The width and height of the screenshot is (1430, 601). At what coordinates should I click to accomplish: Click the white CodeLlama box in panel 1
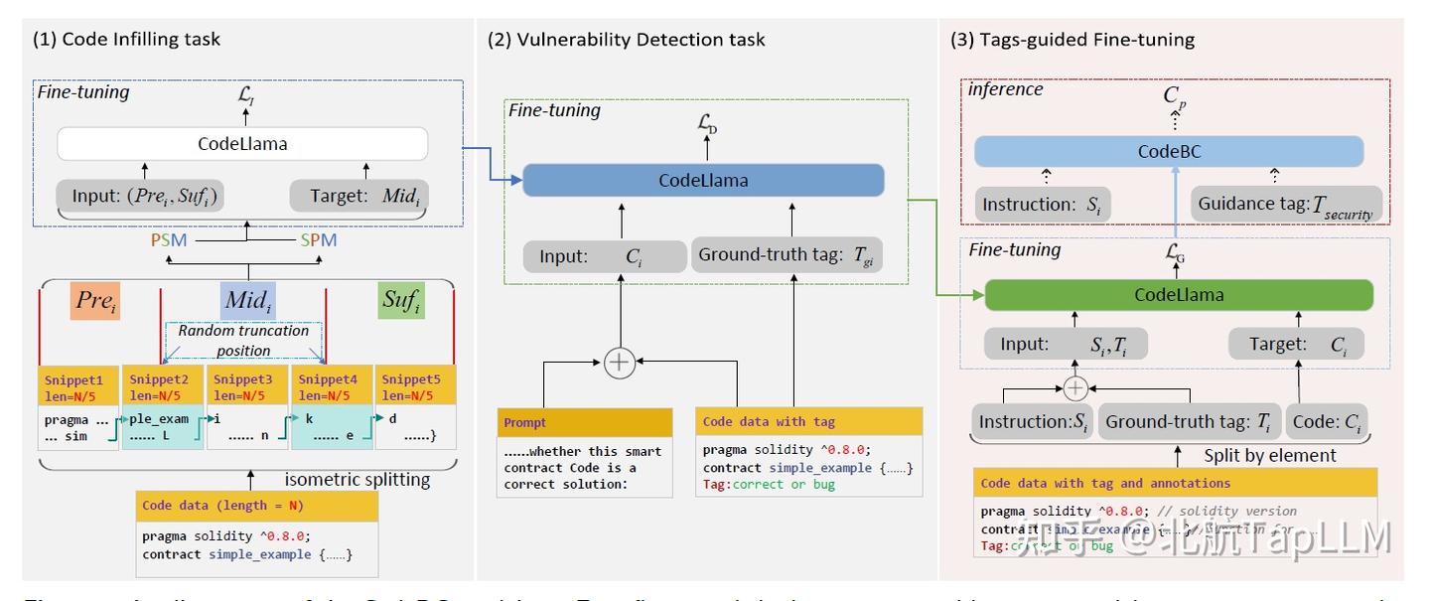(x=242, y=144)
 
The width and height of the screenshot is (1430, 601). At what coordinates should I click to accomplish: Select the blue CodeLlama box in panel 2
(x=703, y=181)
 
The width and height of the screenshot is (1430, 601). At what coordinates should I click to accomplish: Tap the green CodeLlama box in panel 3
(x=1179, y=295)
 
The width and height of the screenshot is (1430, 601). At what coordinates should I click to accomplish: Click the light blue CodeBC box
(x=1169, y=152)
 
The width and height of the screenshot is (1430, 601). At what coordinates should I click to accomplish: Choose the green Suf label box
(x=401, y=300)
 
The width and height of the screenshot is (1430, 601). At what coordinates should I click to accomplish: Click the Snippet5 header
(x=413, y=386)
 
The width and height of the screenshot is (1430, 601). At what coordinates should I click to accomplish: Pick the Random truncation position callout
(x=243, y=340)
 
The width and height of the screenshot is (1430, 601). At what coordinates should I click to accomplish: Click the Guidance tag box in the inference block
(x=1288, y=205)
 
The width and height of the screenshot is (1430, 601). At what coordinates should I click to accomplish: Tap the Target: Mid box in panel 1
(x=358, y=195)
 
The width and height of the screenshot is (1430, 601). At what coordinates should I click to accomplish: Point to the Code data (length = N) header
(x=257, y=506)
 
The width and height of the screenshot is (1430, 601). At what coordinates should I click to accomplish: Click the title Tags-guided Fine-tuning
(x=1072, y=41)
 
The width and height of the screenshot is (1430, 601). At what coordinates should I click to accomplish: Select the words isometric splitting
(x=357, y=480)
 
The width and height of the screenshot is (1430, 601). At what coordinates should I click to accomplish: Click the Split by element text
(x=1269, y=456)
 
